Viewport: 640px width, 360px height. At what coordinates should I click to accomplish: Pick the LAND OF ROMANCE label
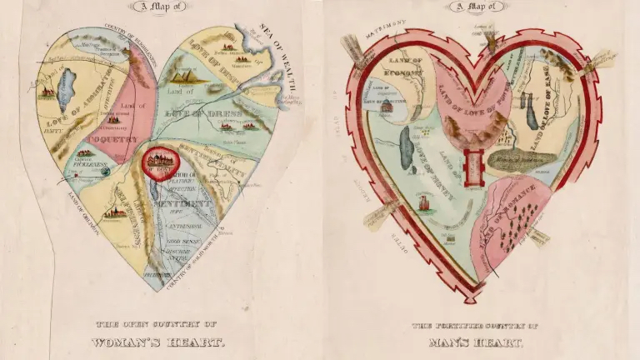[x=500, y=226]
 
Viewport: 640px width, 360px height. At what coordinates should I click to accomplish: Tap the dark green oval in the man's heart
[x=517, y=159]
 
